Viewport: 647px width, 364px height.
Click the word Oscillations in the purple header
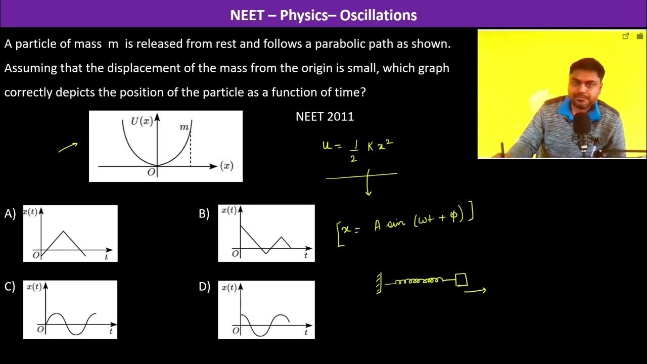pyautogui.click(x=378, y=15)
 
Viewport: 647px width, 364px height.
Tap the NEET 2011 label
pyautogui.click(x=325, y=117)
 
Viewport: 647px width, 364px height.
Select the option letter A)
pyautogui.click(x=10, y=214)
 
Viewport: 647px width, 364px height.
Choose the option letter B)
pyautogui.click(x=204, y=214)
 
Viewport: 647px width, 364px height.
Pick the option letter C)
pyautogui.click(x=10, y=287)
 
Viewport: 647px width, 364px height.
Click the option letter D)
pyautogui.click(x=204, y=287)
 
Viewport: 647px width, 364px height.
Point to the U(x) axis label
pyautogui.click(x=142, y=121)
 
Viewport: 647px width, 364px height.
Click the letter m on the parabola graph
pyautogui.click(x=184, y=127)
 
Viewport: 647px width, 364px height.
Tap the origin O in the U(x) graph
pyautogui.click(x=151, y=172)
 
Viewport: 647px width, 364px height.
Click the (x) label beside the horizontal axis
pyautogui.click(x=227, y=166)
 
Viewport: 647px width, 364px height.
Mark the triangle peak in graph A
pyautogui.click(x=63, y=232)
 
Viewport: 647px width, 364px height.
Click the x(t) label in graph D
pyautogui.click(x=228, y=287)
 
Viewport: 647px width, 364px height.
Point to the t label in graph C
pyautogui.click(x=111, y=332)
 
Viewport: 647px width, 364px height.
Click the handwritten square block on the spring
pyautogui.click(x=461, y=280)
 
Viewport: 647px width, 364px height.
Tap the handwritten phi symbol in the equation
pyautogui.click(x=454, y=216)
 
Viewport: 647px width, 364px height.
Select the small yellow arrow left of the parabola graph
pyautogui.click(x=68, y=147)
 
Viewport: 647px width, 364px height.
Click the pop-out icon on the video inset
pyautogui.click(x=626, y=36)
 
